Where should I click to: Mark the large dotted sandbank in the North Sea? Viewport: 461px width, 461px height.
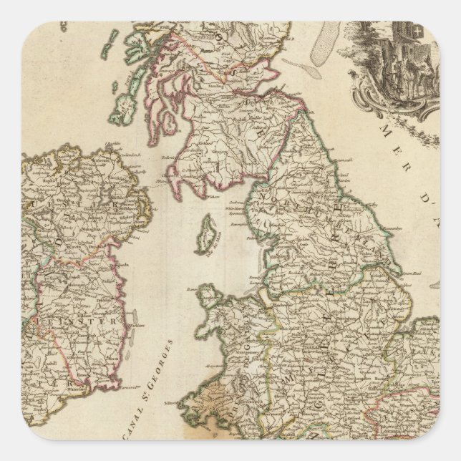click(x=330, y=43)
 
